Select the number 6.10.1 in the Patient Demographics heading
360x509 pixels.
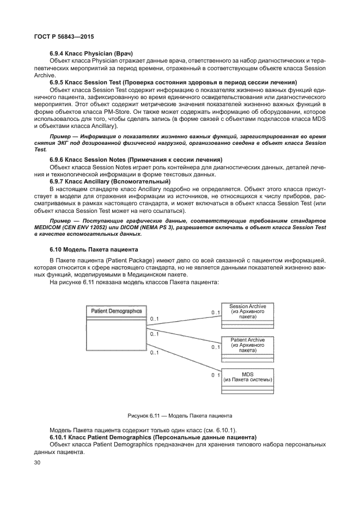pyautogui.click(x=59, y=437)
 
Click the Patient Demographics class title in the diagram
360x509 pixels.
pyautogui.click(x=116, y=311)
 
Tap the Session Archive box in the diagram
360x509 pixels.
pyautogui.click(x=248, y=315)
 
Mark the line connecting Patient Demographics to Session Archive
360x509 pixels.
pyautogui.click(x=182, y=314)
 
